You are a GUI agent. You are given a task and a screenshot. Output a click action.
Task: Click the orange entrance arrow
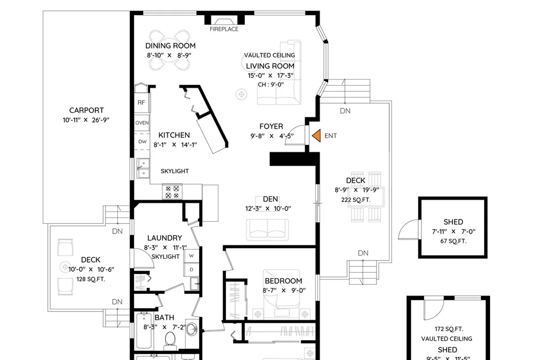pyautogui.click(x=317, y=136)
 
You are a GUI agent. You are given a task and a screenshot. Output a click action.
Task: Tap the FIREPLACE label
pyautogui.click(x=224, y=29)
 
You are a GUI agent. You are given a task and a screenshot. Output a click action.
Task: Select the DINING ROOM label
pyautogui.click(x=171, y=46)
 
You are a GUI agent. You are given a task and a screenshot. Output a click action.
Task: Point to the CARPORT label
pyautogui.click(x=87, y=110)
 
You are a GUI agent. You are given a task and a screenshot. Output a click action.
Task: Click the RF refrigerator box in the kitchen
pyautogui.click(x=141, y=102)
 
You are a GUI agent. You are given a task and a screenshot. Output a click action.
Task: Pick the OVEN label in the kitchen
pyautogui.click(x=142, y=123)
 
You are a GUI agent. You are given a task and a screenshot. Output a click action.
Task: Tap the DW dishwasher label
pyautogui.click(x=143, y=142)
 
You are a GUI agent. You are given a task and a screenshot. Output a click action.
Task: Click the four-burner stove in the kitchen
pyautogui.click(x=172, y=192)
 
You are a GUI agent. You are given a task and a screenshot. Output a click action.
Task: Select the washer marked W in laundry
pyautogui.click(x=192, y=256)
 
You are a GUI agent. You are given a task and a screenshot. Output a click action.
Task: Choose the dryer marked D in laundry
pyautogui.click(x=192, y=270)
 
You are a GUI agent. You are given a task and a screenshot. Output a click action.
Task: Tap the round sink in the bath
pyautogui.click(x=192, y=329)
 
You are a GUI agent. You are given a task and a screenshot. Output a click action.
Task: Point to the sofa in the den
pyautogui.click(x=267, y=230)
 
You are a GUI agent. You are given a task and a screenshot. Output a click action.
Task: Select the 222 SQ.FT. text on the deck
pyautogui.click(x=356, y=200)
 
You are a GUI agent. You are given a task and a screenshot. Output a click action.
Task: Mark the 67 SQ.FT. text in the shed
pyautogui.click(x=453, y=241)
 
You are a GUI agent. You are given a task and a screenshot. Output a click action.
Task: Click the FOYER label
pyautogui.click(x=271, y=126)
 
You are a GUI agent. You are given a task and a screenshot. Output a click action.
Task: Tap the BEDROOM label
pyautogui.click(x=284, y=281)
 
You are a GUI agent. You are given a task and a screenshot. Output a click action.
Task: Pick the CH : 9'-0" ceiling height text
pyautogui.click(x=271, y=84)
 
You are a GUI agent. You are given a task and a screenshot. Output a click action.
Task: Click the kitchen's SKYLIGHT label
pyautogui.click(x=175, y=171)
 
